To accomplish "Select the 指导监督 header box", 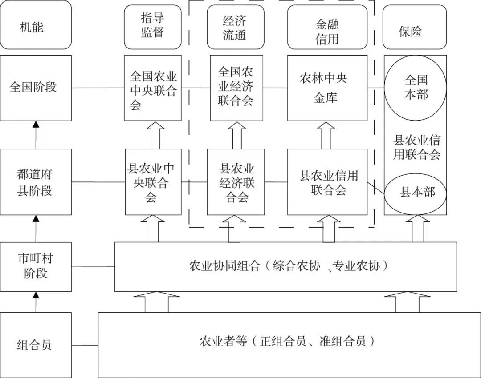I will click(153, 27).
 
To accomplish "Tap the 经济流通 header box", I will click(236, 27).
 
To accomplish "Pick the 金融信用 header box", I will click(327, 27).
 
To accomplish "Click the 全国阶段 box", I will click(36, 88).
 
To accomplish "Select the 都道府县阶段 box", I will click(36, 182).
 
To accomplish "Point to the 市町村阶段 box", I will click(36, 266).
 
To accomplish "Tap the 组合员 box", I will click(36, 345).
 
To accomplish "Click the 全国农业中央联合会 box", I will click(153, 88).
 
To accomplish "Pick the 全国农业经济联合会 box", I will click(236, 88).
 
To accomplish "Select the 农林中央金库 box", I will click(327, 88).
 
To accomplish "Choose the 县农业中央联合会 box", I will click(153, 182).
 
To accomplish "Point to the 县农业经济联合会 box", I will click(236, 182).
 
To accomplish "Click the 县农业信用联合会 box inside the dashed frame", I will click(327, 182).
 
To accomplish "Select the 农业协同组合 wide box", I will click(285, 266).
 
